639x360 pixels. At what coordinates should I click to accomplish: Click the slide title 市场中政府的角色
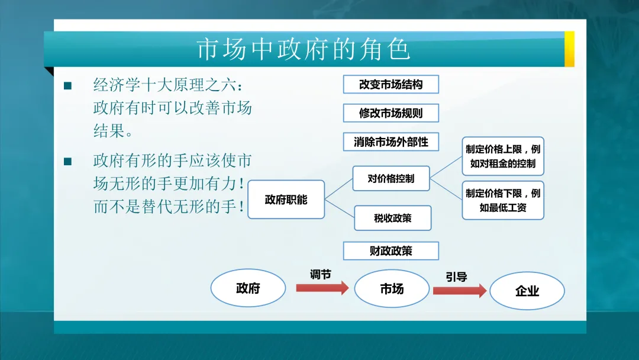pyautogui.click(x=303, y=50)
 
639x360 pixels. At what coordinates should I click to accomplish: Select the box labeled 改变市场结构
pyautogui.click(x=391, y=85)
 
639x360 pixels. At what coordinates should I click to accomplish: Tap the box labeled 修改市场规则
pyautogui.click(x=391, y=112)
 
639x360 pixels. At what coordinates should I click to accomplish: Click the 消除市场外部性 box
pyautogui.click(x=391, y=142)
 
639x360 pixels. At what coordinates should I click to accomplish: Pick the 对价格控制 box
pyautogui.click(x=391, y=178)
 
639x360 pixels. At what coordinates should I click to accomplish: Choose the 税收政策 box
pyautogui.click(x=393, y=218)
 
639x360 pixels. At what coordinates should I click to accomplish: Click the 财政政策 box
pyautogui.click(x=391, y=251)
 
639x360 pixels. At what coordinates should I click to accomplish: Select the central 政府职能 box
pyautogui.click(x=286, y=200)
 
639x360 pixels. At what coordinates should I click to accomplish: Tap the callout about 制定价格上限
pyautogui.click(x=503, y=156)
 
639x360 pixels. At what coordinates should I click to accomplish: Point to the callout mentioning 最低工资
pyautogui.click(x=503, y=200)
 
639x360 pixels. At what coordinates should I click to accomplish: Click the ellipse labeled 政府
pyautogui.click(x=248, y=288)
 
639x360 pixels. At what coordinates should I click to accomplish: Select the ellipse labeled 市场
pyautogui.click(x=392, y=289)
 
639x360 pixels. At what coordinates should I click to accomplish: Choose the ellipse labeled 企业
pyautogui.click(x=527, y=291)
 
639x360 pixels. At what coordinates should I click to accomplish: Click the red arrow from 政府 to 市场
pyautogui.click(x=322, y=288)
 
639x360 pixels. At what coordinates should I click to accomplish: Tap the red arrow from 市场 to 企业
pyautogui.click(x=460, y=290)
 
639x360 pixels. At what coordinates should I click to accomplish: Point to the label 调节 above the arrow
pyautogui.click(x=320, y=274)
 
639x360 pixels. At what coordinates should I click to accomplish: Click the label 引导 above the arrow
pyautogui.click(x=456, y=277)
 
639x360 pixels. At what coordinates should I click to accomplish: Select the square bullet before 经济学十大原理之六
pyautogui.click(x=67, y=86)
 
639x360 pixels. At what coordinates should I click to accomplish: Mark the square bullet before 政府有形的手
pyautogui.click(x=67, y=162)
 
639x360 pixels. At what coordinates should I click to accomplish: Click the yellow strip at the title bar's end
pyautogui.click(x=569, y=49)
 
